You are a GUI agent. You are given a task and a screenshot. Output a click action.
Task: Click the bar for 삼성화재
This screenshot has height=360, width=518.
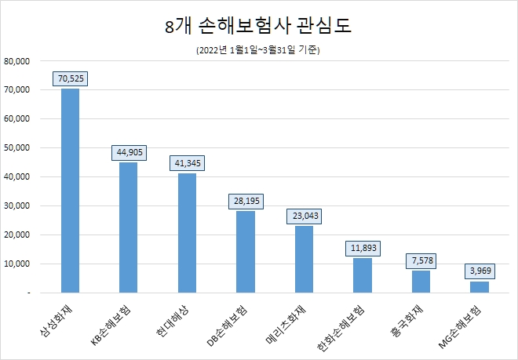coord(70,191)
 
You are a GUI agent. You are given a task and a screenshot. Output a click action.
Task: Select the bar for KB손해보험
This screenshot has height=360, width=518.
coord(128,227)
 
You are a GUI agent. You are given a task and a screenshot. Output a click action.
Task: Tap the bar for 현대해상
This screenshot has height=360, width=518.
coord(187,233)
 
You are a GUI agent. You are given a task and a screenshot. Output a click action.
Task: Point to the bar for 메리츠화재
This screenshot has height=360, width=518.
coord(304,259)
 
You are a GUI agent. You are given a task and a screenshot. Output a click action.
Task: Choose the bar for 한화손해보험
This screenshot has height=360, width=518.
coord(362,275)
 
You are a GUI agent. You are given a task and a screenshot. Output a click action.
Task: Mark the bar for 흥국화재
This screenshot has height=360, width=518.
coord(421,282)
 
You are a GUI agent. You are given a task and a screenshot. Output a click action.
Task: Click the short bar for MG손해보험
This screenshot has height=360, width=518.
coord(479,287)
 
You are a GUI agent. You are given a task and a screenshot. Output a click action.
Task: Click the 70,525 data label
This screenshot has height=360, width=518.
coord(70,78)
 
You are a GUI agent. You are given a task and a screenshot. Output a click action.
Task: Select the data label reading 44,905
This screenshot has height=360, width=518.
coord(128,152)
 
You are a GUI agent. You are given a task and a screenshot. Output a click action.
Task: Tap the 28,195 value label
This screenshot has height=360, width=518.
coord(245,201)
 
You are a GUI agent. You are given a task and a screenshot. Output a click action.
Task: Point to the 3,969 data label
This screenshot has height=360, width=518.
coord(479,271)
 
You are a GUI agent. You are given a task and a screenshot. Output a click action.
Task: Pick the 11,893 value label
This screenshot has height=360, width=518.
coord(362,248)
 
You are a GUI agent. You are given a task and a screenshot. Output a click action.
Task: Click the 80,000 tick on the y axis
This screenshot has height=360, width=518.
coord(17,60)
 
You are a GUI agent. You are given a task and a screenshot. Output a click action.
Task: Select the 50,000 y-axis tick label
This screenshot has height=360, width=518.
coord(17,147)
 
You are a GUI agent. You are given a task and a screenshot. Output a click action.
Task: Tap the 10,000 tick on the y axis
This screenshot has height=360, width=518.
coord(17,264)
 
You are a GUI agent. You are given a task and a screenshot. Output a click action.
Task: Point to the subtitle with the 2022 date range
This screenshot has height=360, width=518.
coord(258,50)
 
